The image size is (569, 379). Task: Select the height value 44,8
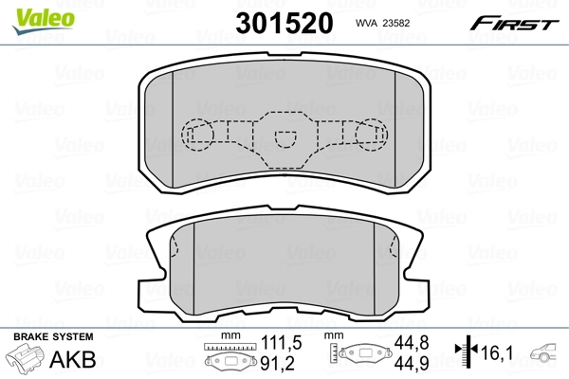406,342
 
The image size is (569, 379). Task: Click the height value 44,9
406,361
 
